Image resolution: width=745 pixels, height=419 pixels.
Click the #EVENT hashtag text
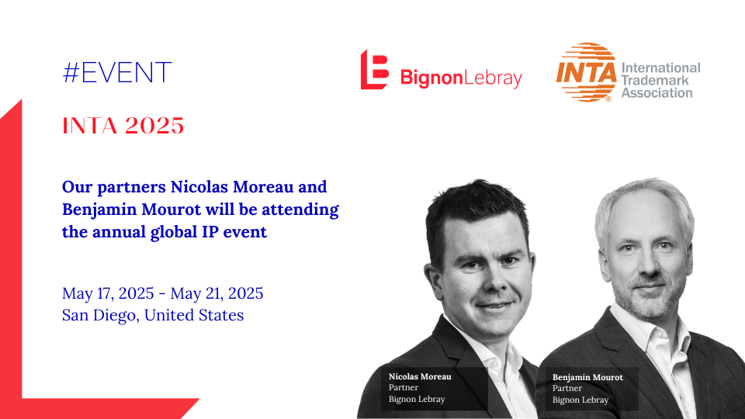point(117,73)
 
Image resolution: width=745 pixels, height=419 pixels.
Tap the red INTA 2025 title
point(123,126)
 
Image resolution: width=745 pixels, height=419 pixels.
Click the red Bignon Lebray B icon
point(374,69)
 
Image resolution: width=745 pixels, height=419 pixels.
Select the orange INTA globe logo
point(587,72)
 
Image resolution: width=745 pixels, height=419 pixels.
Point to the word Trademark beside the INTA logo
point(655,80)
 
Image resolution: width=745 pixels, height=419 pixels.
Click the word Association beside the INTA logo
point(657,93)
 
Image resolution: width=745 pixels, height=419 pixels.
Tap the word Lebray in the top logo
point(493,78)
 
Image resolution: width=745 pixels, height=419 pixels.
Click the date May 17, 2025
point(108,293)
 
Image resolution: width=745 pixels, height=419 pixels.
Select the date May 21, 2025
point(217,293)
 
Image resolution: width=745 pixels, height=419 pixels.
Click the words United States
point(194,315)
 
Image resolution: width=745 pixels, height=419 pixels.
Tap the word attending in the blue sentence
point(300,209)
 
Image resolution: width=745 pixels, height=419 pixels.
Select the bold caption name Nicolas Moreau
point(420,377)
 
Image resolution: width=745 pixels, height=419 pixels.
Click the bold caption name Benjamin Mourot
point(587,378)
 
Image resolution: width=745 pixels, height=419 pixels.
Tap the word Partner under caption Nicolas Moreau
point(404,388)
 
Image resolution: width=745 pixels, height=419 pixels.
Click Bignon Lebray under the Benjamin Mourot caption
point(580,400)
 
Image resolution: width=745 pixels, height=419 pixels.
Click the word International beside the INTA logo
point(661,68)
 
